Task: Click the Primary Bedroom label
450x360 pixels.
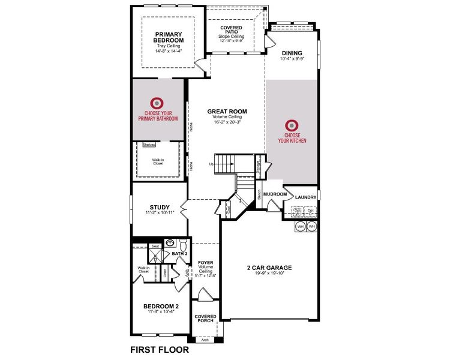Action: (x=168, y=37)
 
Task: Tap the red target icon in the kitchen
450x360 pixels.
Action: (x=292, y=125)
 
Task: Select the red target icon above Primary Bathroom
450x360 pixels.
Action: (x=158, y=103)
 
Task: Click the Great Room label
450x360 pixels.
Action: (x=227, y=111)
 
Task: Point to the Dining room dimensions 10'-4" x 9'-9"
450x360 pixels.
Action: (x=292, y=59)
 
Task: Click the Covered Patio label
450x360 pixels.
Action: (x=231, y=31)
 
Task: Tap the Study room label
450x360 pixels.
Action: (x=159, y=207)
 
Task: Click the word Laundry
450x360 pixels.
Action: (x=305, y=197)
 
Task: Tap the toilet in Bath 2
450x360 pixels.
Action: (x=184, y=245)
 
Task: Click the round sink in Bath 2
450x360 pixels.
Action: (x=170, y=244)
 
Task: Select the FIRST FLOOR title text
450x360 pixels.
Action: (x=159, y=349)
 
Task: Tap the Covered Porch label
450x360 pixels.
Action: (x=205, y=319)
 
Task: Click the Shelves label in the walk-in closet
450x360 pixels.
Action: (x=149, y=145)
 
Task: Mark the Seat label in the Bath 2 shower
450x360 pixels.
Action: (x=155, y=246)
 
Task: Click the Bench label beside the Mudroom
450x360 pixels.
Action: (x=259, y=195)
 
